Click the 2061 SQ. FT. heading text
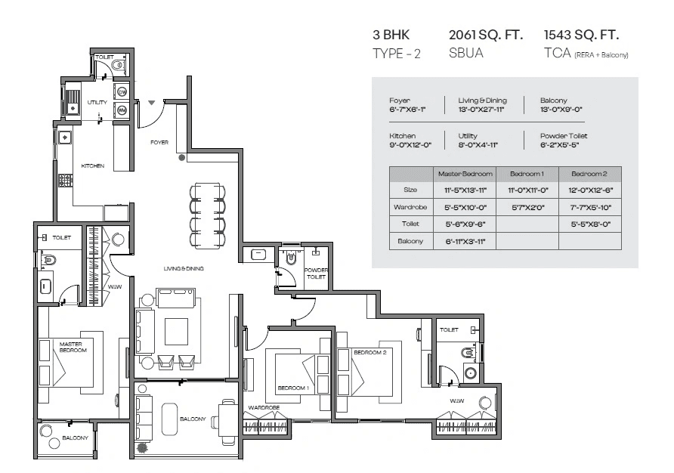485,35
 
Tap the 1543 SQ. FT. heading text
581,35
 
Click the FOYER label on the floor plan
159,142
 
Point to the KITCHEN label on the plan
93,166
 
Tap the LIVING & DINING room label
184,268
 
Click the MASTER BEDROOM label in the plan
73,347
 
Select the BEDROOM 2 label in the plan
370,353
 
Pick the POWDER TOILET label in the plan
315,274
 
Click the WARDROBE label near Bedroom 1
264,407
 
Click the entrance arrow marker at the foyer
152,102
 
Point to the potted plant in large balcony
142,447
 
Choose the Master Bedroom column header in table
465,174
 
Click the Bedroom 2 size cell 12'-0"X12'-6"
589,190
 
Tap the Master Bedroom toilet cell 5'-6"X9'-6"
465,224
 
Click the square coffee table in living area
176,330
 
